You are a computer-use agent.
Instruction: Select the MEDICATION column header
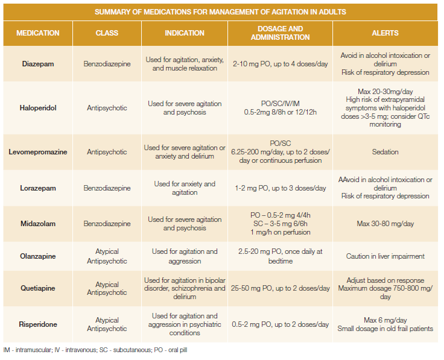click(38, 33)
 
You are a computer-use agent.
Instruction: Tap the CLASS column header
click(107, 33)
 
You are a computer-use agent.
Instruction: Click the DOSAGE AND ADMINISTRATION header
click(279, 33)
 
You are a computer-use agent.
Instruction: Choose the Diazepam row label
click(38, 64)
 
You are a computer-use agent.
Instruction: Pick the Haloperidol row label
click(38, 108)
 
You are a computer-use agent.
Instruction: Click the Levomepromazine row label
click(38, 152)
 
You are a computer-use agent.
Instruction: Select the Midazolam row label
click(38, 224)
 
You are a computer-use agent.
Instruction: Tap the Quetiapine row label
click(38, 288)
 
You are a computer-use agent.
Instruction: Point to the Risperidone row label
click(38, 324)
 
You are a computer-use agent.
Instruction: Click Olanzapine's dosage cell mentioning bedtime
click(279, 256)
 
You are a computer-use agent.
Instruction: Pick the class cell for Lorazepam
click(107, 188)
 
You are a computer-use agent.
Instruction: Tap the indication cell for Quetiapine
click(185, 288)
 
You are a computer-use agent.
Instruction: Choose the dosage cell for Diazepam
click(279, 64)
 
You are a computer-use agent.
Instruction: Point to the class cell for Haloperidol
click(107, 108)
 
